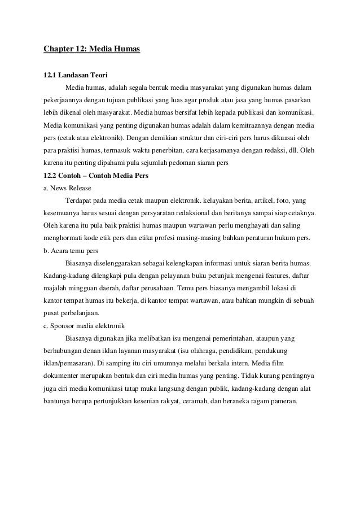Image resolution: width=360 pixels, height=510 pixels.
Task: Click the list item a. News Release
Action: (67, 188)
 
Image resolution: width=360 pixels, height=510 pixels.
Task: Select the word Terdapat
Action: (80, 200)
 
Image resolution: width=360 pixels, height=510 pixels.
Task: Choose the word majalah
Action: (56, 288)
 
